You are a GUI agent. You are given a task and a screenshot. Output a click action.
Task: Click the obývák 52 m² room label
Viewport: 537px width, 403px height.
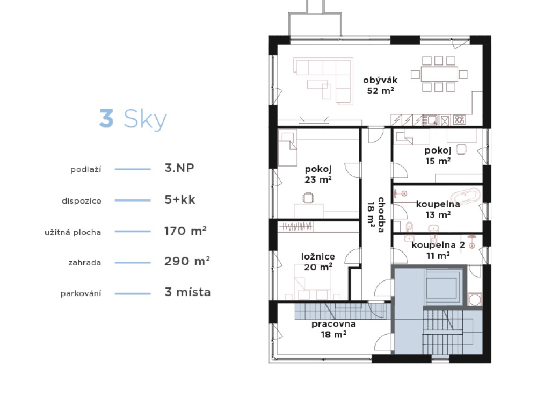(x=380, y=85)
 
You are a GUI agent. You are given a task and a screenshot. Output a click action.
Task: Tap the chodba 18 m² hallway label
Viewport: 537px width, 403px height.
(x=376, y=215)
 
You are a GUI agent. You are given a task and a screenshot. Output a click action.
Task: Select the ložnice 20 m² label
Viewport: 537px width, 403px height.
(x=318, y=262)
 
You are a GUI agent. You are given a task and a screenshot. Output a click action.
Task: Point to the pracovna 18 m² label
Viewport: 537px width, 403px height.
(x=333, y=329)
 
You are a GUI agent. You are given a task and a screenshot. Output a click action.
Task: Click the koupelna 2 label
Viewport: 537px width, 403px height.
(x=438, y=245)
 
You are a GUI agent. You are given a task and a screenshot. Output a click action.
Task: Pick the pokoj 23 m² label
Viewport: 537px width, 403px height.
(x=318, y=174)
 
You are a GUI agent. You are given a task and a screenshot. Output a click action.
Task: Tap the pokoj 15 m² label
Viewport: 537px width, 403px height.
(x=438, y=156)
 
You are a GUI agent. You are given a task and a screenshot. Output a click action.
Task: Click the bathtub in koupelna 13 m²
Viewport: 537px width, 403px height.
(x=465, y=196)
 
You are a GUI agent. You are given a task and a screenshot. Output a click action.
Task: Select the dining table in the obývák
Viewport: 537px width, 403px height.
(x=439, y=74)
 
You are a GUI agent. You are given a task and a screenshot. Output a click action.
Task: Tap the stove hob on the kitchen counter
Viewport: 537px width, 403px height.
(x=460, y=120)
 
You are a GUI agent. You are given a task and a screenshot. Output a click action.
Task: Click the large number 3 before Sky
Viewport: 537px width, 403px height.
(x=106, y=118)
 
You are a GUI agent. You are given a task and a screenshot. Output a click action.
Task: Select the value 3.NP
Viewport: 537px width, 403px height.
(x=179, y=168)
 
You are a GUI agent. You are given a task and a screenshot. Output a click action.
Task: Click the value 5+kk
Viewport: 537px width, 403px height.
(x=180, y=199)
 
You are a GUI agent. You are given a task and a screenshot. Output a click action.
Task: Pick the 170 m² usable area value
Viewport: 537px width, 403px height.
(x=185, y=231)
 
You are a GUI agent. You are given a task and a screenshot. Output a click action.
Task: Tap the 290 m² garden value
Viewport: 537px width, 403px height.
(x=187, y=261)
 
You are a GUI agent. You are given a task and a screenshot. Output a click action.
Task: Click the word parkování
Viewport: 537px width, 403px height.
(x=81, y=294)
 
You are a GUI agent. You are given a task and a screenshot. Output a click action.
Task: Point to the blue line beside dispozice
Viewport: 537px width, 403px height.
(x=133, y=200)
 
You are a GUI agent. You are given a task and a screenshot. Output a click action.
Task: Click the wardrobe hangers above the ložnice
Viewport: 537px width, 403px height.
(x=296, y=227)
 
